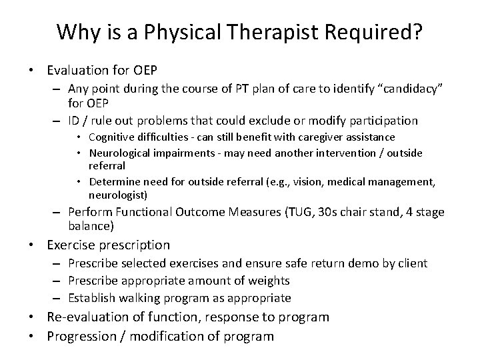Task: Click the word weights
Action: pos(268,280)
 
